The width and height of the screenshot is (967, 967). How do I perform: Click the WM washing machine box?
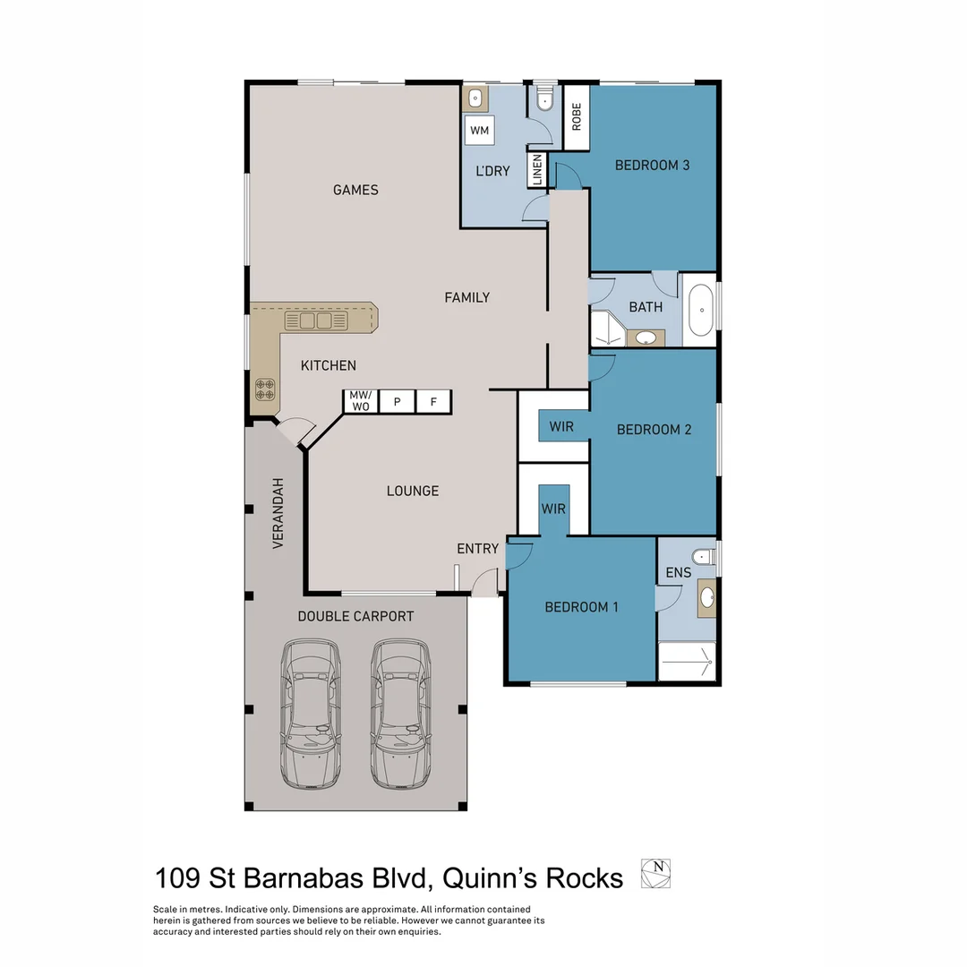click(x=480, y=131)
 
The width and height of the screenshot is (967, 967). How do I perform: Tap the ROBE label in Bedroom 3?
click(x=576, y=117)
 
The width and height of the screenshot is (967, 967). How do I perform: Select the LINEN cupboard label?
click(x=537, y=170)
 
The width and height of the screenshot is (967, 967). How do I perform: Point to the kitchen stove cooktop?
click(x=265, y=389)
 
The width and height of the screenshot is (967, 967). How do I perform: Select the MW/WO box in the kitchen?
click(x=360, y=401)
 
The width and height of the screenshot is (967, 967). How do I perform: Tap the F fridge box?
click(x=433, y=401)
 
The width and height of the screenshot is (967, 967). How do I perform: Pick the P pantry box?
click(x=397, y=401)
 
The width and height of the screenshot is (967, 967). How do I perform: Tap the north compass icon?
click(x=655, y=874)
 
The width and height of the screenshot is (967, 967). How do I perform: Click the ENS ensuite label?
click(x=678, y=572)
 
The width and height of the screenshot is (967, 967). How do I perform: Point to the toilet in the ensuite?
click(x=704, y=557)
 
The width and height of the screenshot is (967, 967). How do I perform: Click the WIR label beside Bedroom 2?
click(x=561, y=426)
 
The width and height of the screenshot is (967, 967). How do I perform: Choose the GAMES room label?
click(x=355, y=190)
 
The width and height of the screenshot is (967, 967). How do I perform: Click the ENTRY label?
click(x=477, y=548)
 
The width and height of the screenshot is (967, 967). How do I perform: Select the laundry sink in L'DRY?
click(x=475, y=98)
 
